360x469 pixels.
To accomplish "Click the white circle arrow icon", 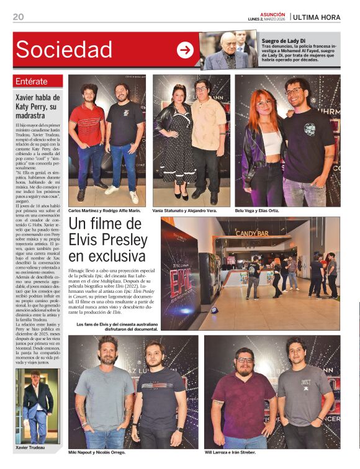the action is (185, 50).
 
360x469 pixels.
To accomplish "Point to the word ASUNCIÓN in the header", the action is (272, 14).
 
